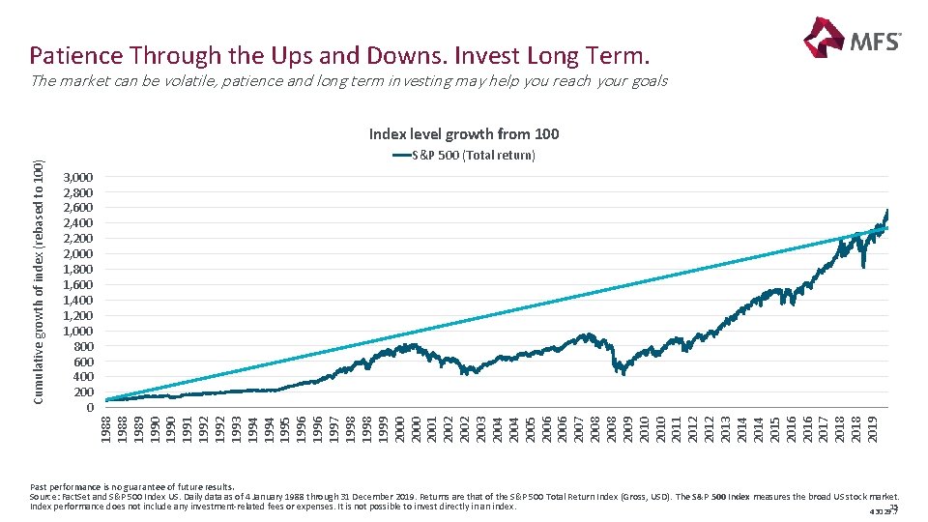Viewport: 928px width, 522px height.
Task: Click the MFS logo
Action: tap(851, 40)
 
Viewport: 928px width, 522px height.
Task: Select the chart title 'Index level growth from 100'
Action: tap(464, 134)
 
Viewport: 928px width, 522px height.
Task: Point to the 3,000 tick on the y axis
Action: tap(77, 178)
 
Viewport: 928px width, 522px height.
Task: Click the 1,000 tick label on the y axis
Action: tap(77, 331)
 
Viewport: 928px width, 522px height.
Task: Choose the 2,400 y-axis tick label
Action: tap(77, 223)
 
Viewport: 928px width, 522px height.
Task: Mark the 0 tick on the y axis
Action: tap(89, 407)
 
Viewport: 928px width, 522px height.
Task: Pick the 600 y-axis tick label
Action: tap(82, 362)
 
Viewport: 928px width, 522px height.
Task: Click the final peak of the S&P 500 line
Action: tap(886, 211)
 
